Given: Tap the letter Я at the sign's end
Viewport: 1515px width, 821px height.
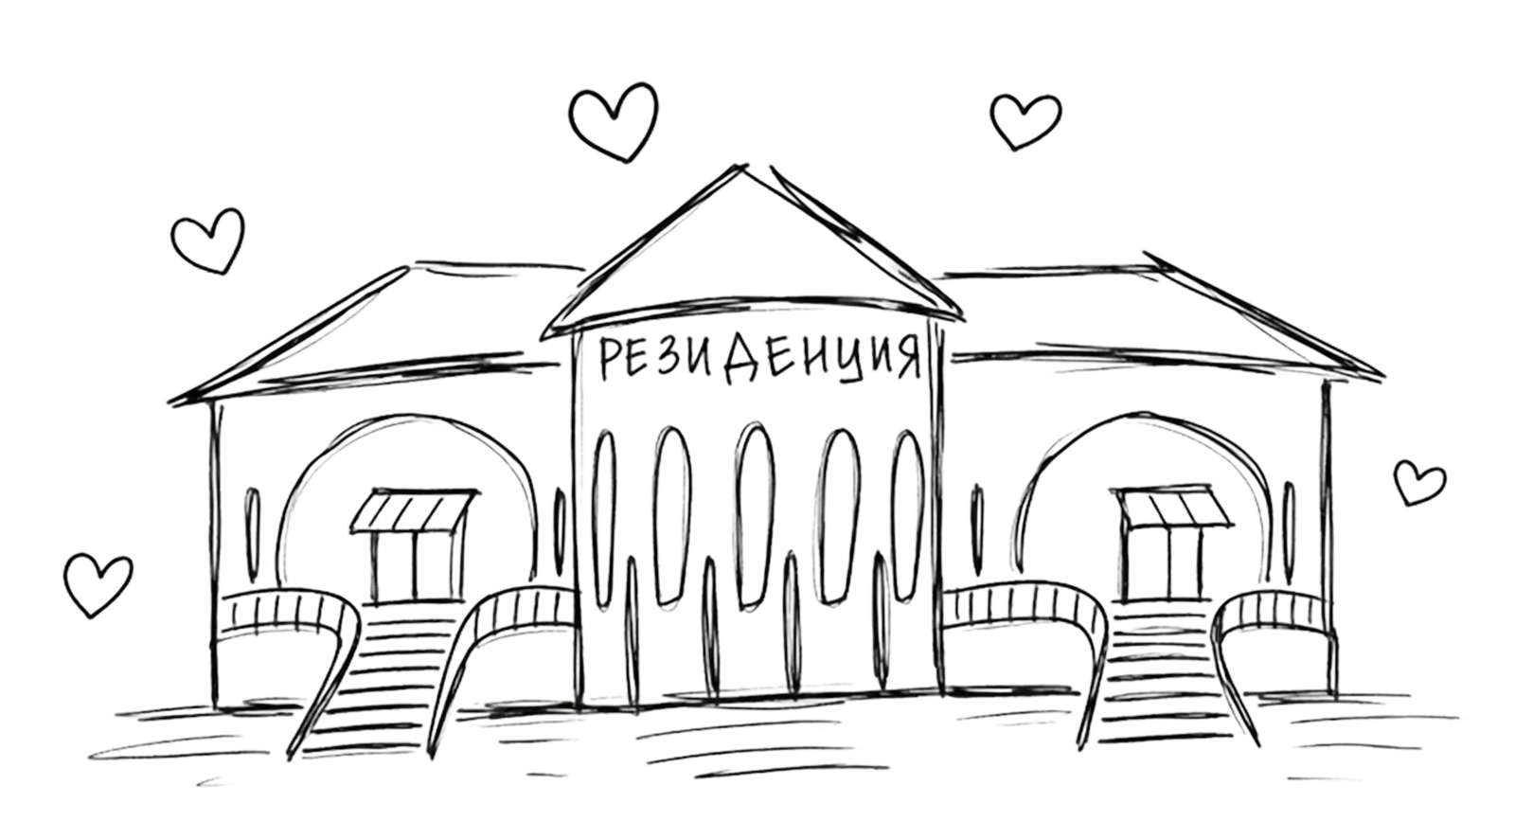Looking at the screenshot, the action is point(906,359).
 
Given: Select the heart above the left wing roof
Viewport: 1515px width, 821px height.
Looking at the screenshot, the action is point(208,241).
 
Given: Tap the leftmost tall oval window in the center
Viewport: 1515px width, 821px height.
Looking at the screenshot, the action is point(604,519).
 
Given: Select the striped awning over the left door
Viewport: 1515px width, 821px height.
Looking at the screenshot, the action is point(412,511).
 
